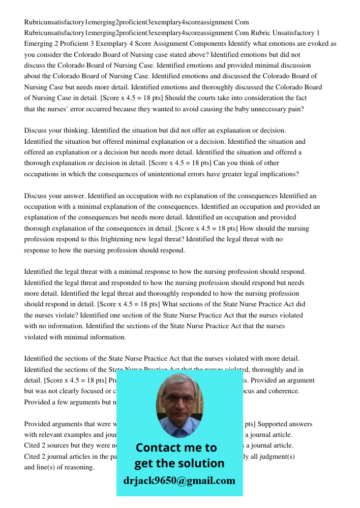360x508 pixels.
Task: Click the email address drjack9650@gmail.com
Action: pyautogui.click(x=179, y=481)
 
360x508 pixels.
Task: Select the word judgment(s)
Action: pyautogui.click(x=276, y=456)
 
